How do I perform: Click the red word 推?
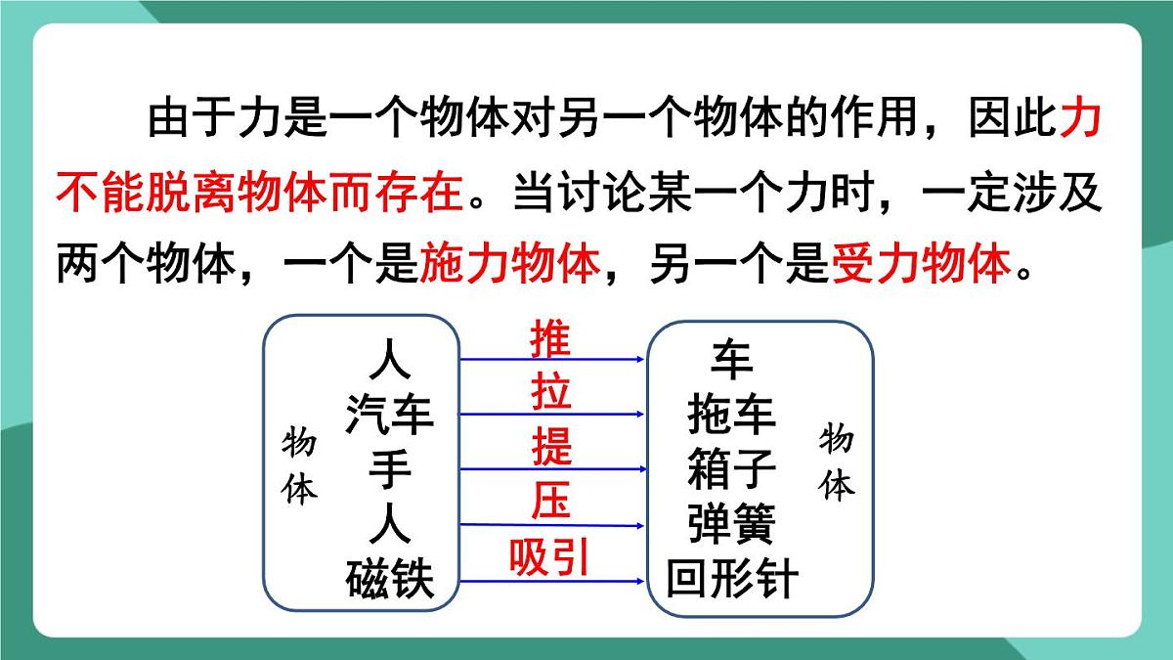(x=550, y=339)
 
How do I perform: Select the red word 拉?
(x=550, y=393)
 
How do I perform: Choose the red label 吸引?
(x=549, y=557)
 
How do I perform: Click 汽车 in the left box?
(x=389, y=416)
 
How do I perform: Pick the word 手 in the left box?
(x=389, y=470)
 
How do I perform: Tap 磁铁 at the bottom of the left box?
(x=389, y=580)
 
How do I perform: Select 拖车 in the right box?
(x=731, y=416)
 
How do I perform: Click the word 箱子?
(x=731, y=470)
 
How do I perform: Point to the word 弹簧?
(x=731, y=525)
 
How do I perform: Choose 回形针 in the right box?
(x=731, y=580)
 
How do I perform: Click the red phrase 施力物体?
(x=508, y=264)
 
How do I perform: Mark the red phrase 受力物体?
(x=920, y=264)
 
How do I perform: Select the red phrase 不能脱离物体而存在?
(x=259, y=193)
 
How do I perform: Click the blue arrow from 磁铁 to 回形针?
(x=552, y=582)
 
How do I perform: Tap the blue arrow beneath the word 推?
(x=552, y=359)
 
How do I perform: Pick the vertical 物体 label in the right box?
(x=837, y=462)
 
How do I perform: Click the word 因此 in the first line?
(x=1011, y=121)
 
